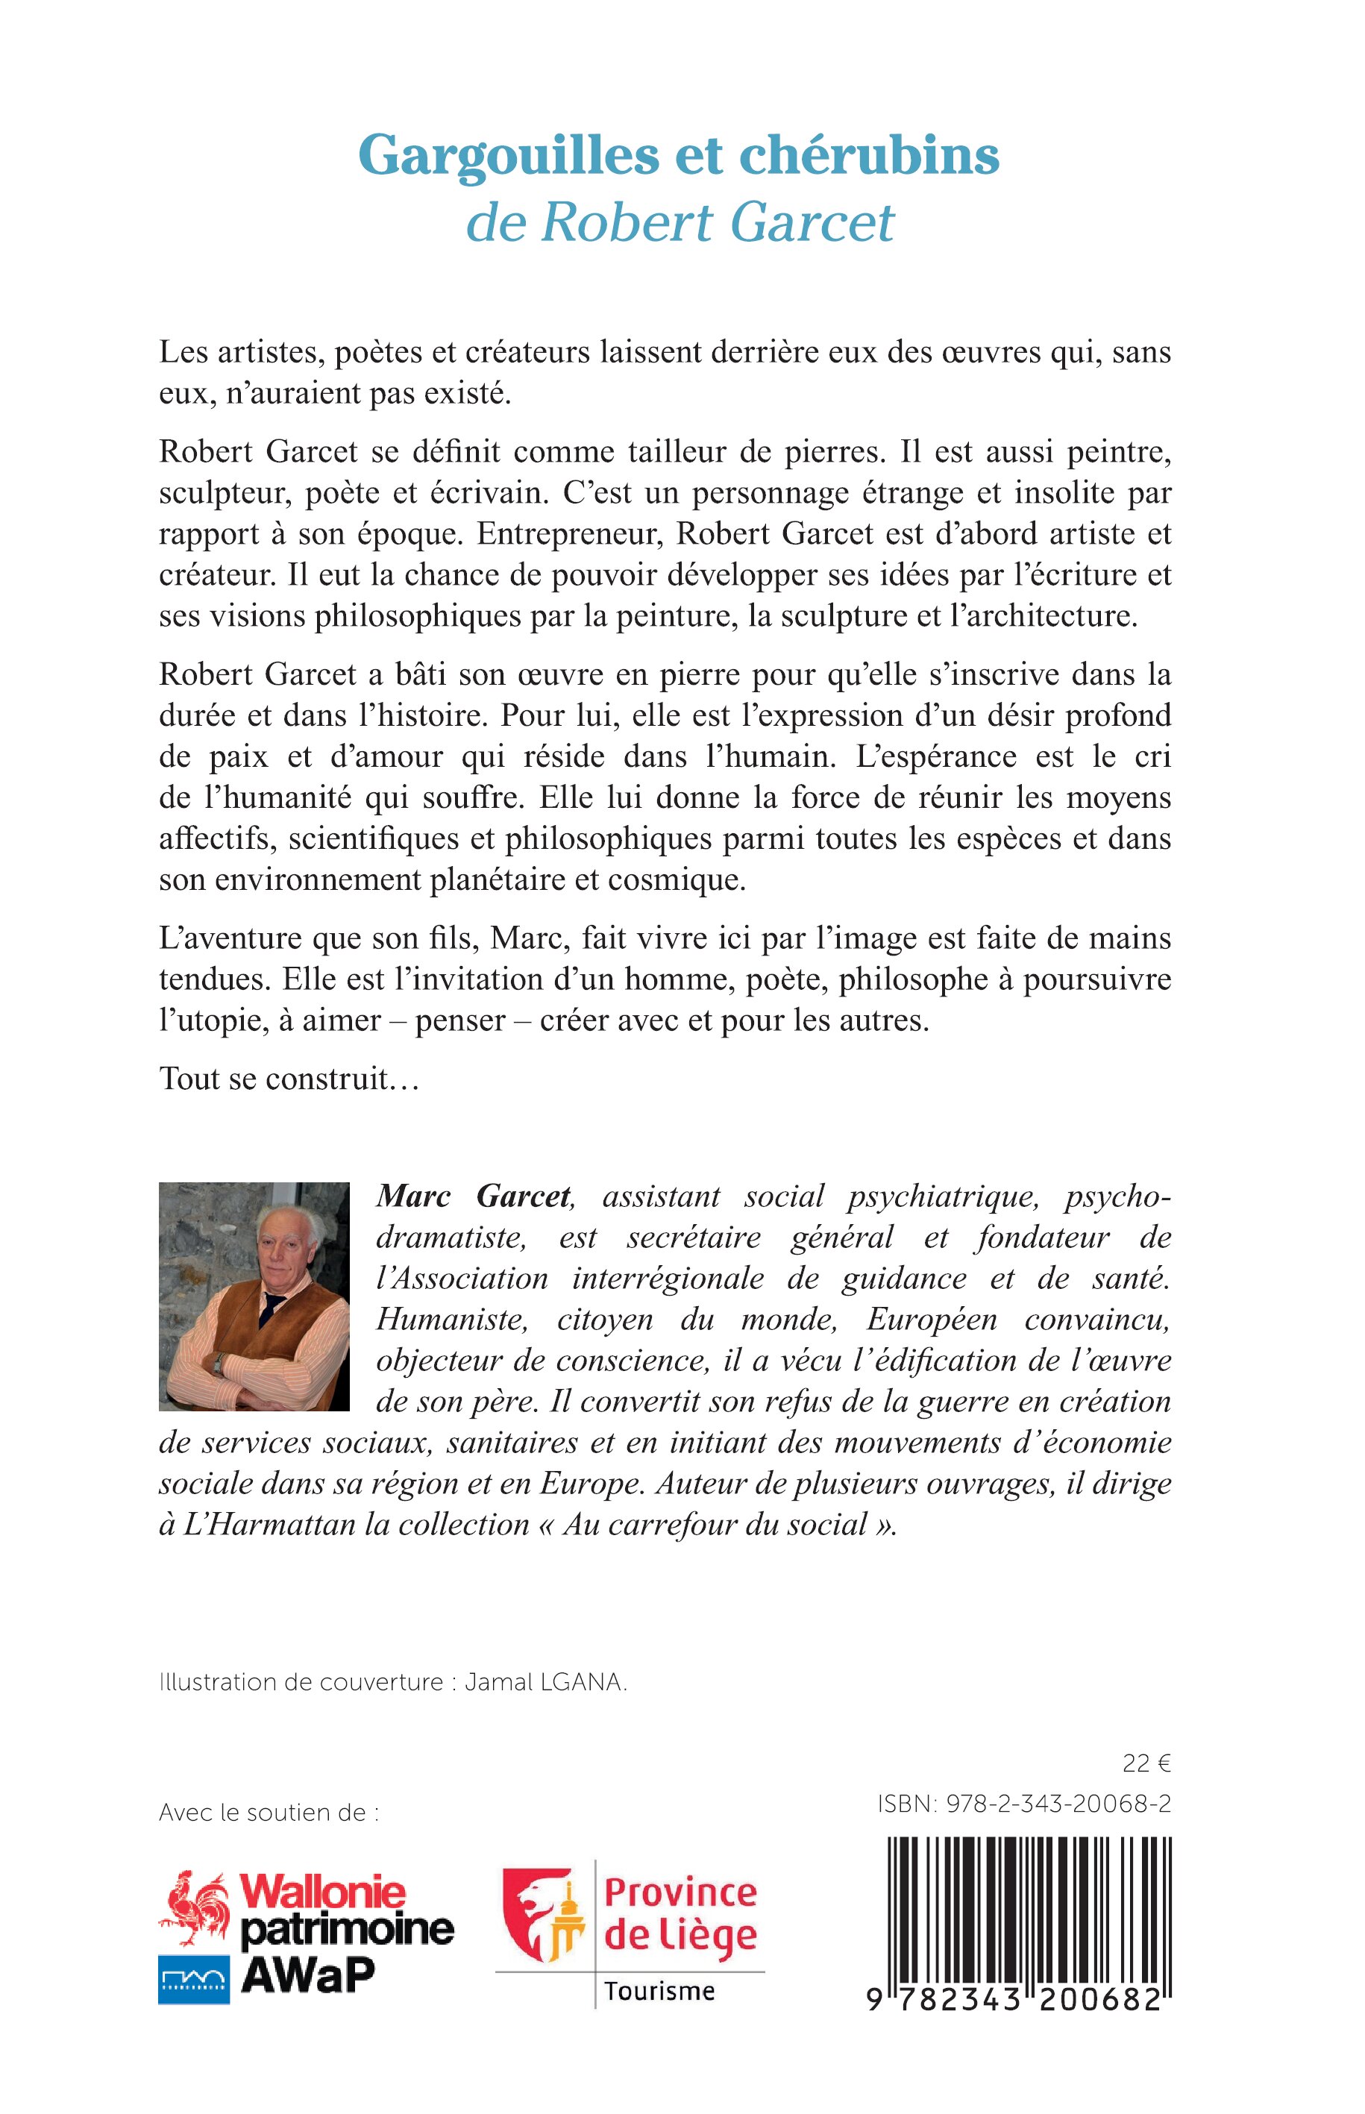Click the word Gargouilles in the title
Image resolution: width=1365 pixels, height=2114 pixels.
click(x=508, y=157)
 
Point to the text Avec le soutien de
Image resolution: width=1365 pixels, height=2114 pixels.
click(x=269, y=1813)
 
